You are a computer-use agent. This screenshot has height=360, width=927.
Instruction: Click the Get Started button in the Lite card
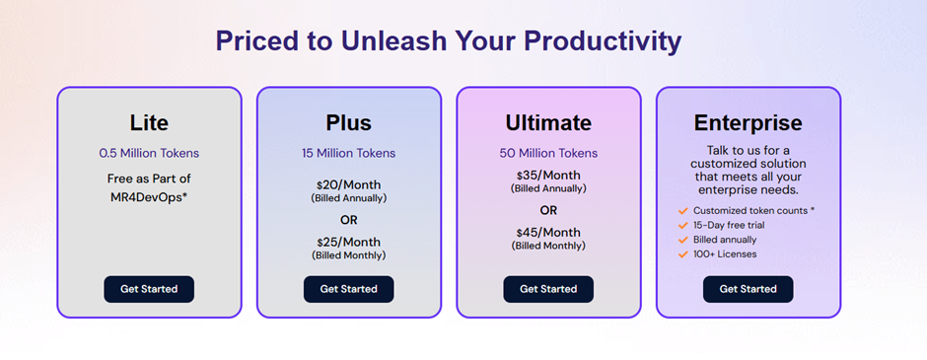pyautogui.click(x=149, y=289)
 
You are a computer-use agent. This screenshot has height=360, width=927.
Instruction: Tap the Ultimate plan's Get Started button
pyautogui.click(x=548, y=289)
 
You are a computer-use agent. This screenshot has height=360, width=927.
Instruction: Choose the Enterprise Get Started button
pyautogui.click(x=748, y=289)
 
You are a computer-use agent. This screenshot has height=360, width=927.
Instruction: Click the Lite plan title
pyautogui.click(x=149, y=123)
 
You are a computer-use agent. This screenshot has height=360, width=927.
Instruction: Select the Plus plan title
pyautogui.click(x=348, y=123)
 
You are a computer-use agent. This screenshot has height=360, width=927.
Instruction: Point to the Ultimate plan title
pyautogui.click(x=548, y=123)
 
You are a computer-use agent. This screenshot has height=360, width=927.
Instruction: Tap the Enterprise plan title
pyautogui.click(x=748, y=123)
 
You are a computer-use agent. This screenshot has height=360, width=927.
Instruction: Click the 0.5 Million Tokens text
pyautogui.click(x=149, y=154)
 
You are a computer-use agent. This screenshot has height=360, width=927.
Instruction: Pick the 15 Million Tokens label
pyautogui.click(x=348, y=154)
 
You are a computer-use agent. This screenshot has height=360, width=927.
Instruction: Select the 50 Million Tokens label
pyautogui.click(x=548, y=154)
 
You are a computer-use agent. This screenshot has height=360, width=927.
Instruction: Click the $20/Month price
pyautogui.click(x=348, y=184)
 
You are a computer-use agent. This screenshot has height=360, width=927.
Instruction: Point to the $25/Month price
pyautogui.click(x=348, y=242)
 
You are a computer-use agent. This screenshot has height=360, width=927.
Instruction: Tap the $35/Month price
pyautogui.click(x=548, y=176)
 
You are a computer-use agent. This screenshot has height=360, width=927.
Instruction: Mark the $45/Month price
pyautogui.click(x=548, y=233)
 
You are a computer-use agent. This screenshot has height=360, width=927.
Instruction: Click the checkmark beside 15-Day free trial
pyautogui.click(x=682, y=225)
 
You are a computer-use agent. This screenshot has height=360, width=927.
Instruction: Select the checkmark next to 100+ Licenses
pyautogui.click(x=682, y=254)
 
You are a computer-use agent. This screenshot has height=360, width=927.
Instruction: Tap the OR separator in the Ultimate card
pyautogui.click(x=548, y=210)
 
